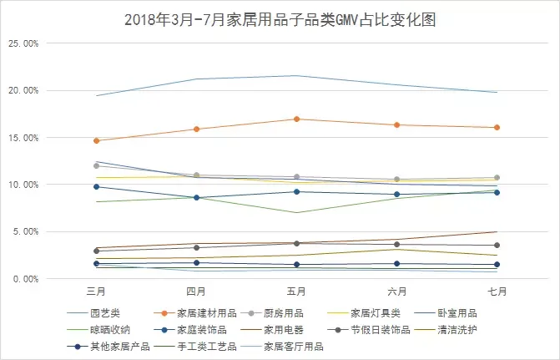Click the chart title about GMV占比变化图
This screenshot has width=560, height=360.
(280, 18)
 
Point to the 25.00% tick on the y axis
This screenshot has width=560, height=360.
(25, 43)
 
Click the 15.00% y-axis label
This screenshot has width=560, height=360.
(25, 137)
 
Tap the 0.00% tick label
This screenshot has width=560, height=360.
(28, 278)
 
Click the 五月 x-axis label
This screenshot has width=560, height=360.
(296, 292)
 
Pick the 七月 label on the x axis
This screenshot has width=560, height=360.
(497, 292)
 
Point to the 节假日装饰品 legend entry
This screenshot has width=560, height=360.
(384, 329)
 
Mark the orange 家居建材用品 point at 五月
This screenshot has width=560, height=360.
(297, 119)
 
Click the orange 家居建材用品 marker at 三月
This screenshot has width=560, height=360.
(97, 140)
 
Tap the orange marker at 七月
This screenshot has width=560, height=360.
(497, 127)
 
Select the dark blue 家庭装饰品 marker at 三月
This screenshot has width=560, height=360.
(97, 186)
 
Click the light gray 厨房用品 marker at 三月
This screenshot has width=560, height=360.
(97, 165)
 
